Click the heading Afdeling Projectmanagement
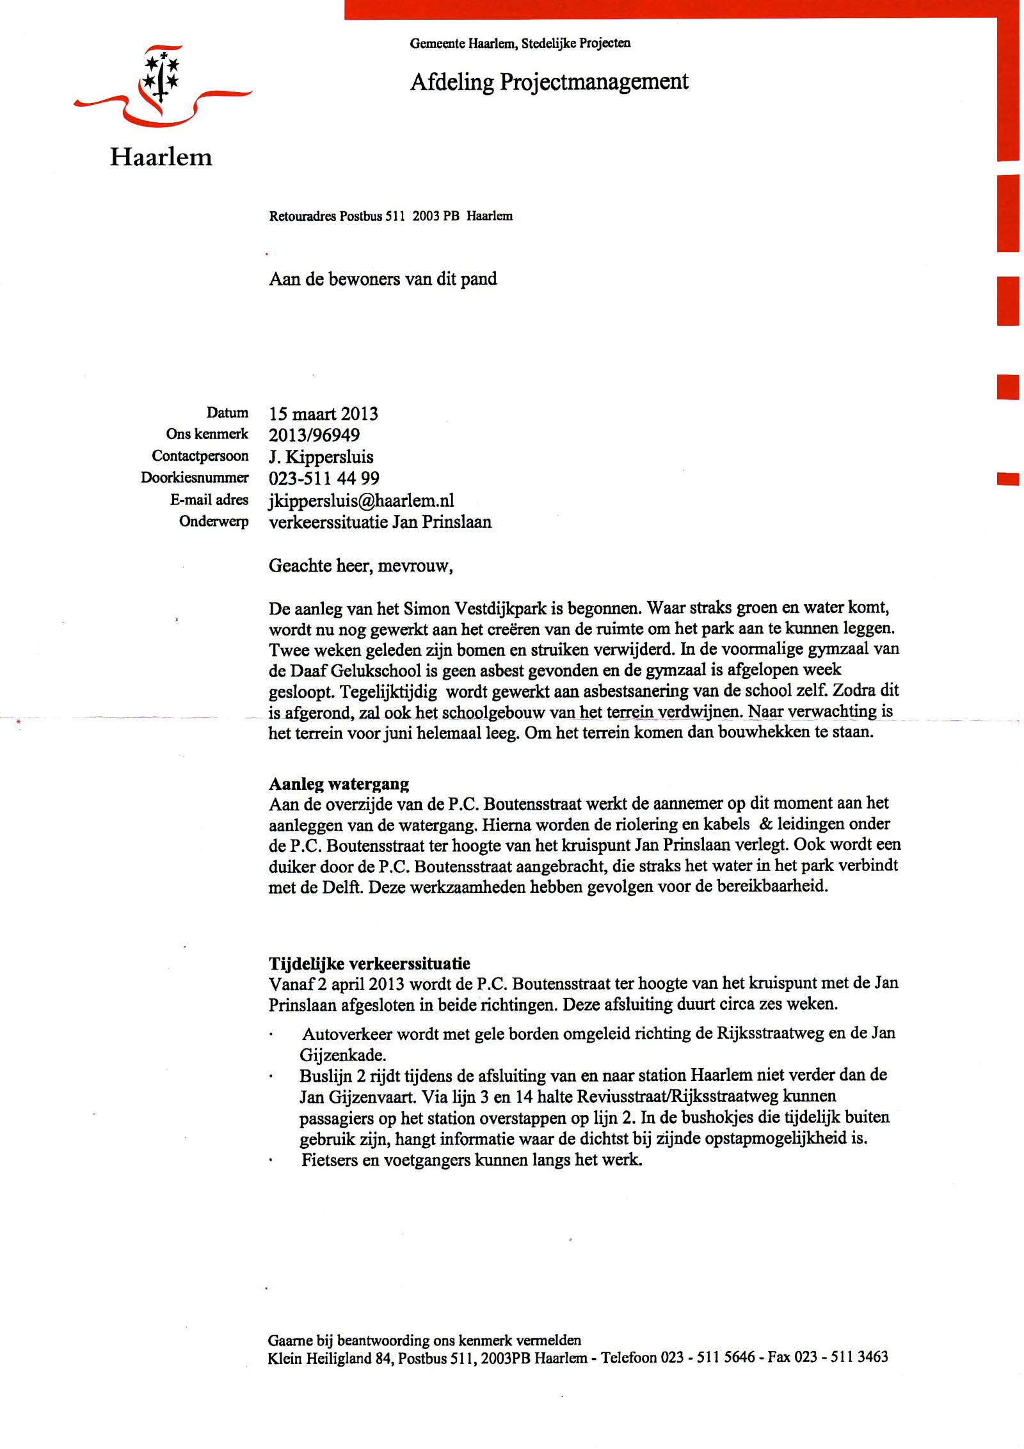549,82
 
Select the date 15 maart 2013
323,413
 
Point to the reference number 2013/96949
314,435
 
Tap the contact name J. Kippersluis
321,457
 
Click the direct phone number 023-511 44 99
324,479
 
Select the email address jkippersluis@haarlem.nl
361,500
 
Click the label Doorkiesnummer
195,477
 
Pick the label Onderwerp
214,521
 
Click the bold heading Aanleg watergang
339,784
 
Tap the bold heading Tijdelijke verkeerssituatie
369,964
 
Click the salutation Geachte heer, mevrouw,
360,566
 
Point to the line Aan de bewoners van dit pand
383,279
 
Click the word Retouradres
303,216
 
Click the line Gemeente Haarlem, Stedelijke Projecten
520,44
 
